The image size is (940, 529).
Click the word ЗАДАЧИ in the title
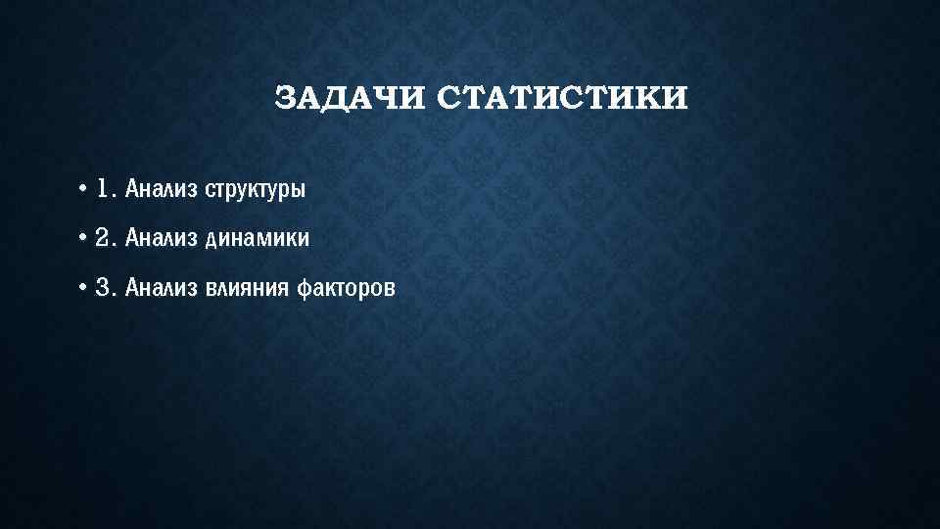[348, 99]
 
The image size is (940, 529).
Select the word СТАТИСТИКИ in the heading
[561, 99]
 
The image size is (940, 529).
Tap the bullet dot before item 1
[85, 188]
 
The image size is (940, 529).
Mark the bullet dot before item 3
[85, 287]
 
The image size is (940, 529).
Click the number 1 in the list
[103, 188]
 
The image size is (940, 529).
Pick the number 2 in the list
[103, 238]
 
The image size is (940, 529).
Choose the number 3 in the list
[103, 287]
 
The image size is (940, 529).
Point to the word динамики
[258, 238]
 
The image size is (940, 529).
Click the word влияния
[245, 287]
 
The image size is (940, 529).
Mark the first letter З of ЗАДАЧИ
[284, 99]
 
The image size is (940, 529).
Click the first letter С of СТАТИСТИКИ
[446, 99]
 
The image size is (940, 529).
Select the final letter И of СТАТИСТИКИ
[678, 99]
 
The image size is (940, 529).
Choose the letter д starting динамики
[211, 239]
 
